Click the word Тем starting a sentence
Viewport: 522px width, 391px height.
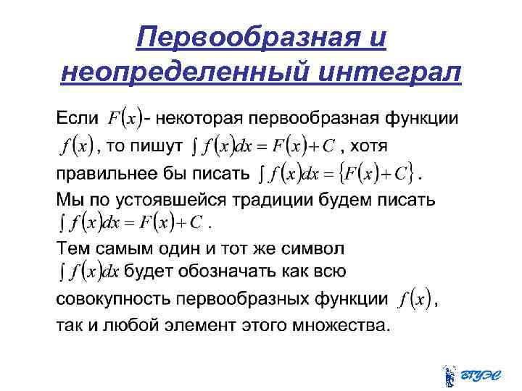(71, 248)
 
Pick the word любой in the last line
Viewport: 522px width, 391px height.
(149, 324)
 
